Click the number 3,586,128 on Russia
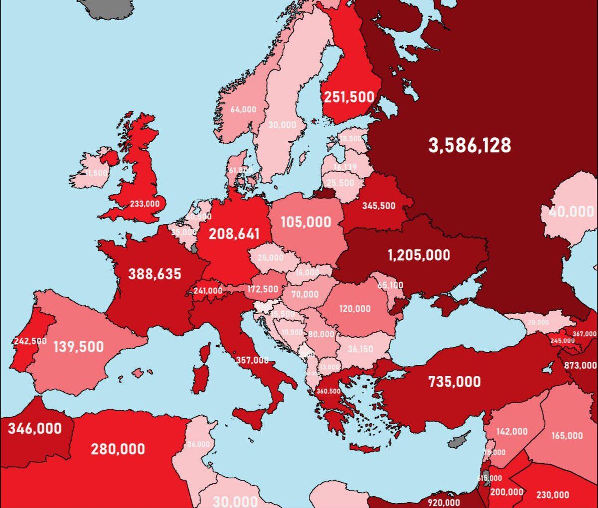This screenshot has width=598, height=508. click(469, 145)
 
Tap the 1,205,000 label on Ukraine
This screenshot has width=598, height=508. click(419, 255)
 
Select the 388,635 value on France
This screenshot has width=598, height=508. click(154, 274)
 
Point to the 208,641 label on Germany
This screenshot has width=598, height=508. click(234, 234)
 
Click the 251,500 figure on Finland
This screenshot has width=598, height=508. click(349, 97)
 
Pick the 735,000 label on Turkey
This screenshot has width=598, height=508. click(454, 382)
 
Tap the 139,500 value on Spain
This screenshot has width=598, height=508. click(78, 347)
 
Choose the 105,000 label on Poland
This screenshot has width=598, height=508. click(305, 222)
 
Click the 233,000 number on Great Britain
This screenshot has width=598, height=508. click(145, 204)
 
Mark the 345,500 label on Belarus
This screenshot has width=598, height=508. click(378, 206)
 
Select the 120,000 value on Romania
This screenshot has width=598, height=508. click(355, 309)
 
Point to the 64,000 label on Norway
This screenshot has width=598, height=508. click(243, 109)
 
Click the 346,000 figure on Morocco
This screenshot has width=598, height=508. click(35, 428)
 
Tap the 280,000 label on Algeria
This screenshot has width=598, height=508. click(118, 449)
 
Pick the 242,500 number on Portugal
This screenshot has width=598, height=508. click(30, 341)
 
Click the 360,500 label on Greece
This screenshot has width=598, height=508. click(328, 391)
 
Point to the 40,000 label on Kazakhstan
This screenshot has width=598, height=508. click(571, 211)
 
